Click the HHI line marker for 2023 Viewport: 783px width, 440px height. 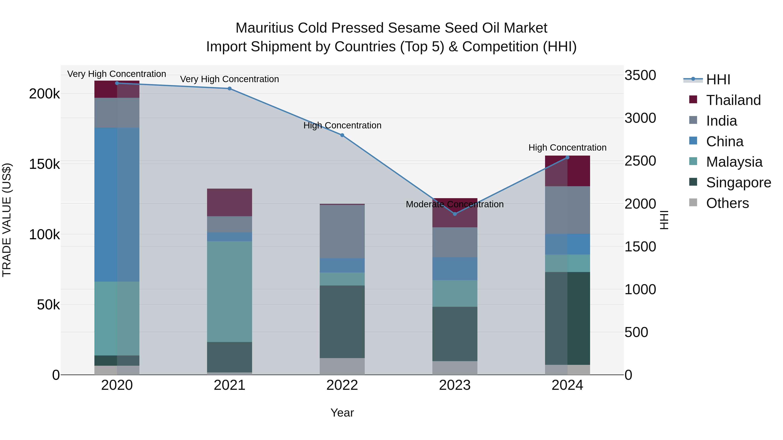click(x=455, y=214)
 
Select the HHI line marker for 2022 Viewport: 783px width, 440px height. click(x=342, y=135)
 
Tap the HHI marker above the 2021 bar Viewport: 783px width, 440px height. click(x=229, y=89)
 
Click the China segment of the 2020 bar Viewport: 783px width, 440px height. click(x=117, y=204)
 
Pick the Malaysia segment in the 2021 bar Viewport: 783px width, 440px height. click(x=229, y=292)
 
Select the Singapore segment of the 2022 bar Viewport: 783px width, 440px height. click(x=342, y=322)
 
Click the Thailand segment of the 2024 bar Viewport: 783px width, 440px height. click(x=567, y=171)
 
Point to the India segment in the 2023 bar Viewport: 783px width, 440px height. click(x=455, y=242)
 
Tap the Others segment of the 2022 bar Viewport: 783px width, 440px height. click(x=342, y=366)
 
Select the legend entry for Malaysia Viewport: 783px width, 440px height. click(x=734, y=162)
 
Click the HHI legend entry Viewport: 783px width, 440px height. click(x=718, y=80)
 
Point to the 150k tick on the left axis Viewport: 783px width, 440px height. click(x=44, y=164)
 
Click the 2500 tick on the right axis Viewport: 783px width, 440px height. click(x=640, y=161)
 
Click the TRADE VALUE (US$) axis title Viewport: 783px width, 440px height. click(x=7, y=220)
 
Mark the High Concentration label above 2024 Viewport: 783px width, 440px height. click(x=567, y=148)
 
